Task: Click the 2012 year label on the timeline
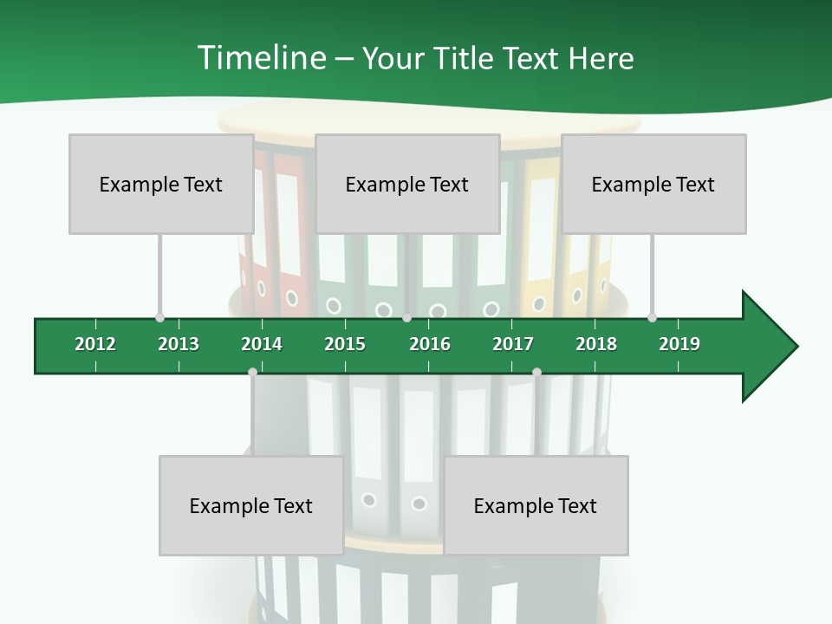click(x=95, y=344)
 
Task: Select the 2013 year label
click(x=179, y=344)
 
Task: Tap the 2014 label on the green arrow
click(x=262, y=344)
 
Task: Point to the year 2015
click(x=345, y=344)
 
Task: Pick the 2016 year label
click(x=430, y=344)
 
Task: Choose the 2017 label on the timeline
click(x=513, y=344)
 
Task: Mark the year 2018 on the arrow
click(x=596, y=344)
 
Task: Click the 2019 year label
click(x=679, y=344)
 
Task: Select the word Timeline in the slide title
click(x=261, y=58)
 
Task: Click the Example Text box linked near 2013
click(x=160, y=184)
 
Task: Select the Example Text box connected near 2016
click(x=407, y=184)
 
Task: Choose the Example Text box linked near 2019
click(x=653, y=184)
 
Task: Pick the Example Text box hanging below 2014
click(x=251, y=505)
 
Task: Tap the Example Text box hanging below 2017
click(x=536, y=505)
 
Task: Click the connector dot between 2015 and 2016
click(x=407, y=317)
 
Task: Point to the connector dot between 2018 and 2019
click(x=652, y=317)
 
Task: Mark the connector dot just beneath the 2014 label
click(x=252, y=372)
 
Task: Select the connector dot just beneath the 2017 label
click(x=536, y=372)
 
